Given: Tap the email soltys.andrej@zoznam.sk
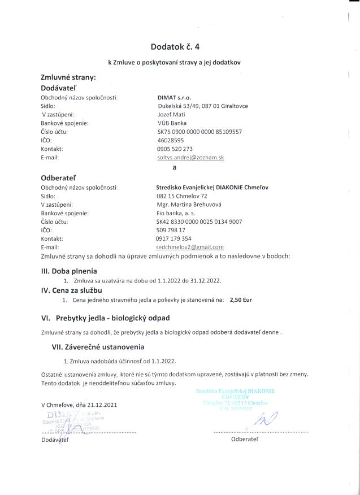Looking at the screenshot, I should pos(190,158).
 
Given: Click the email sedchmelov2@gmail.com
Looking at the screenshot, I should pos(190,247).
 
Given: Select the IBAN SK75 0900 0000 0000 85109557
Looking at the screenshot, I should pos(199,132).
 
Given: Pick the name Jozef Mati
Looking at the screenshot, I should pos(172,114).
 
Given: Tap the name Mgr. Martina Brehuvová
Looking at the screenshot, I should pos(189,204).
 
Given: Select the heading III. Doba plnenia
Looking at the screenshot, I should pos(69,271).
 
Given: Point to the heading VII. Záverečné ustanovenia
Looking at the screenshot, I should pos(98,346).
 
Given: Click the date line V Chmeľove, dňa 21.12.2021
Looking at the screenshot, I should pos(79,405).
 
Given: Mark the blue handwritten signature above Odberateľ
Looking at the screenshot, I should pos(266,419).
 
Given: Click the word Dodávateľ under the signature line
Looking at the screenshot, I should pos(55,440).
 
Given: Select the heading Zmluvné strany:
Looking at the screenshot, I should pos(68,77).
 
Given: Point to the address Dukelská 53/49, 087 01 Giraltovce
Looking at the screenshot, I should pos(202,106).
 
